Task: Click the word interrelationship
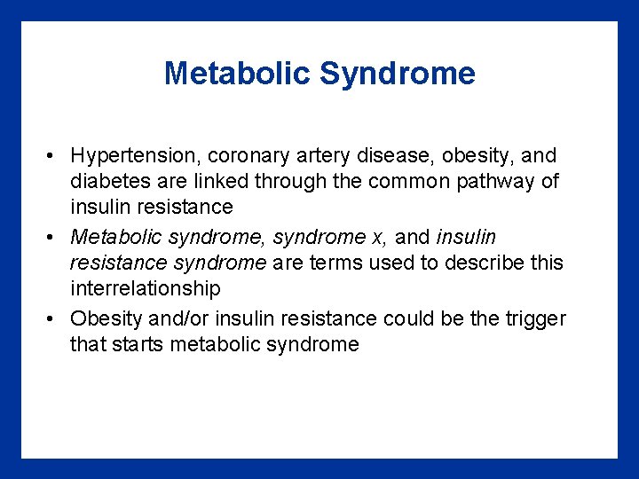click(146, 289)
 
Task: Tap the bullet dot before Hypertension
click(53, 156)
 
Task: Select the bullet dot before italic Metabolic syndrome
click(53, 238)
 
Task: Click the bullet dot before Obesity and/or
click(53, 318)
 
